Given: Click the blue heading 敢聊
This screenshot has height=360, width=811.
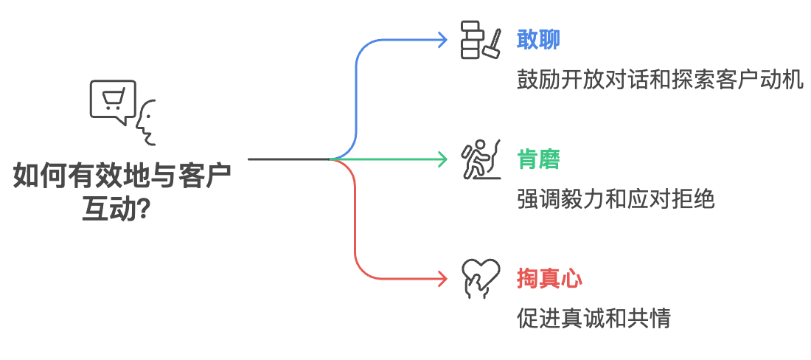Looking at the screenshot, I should tap(539, 39).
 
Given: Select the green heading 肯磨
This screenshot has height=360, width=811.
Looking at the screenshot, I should tap(539, 159).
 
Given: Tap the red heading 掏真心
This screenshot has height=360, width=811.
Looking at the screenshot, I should tap(550, 280).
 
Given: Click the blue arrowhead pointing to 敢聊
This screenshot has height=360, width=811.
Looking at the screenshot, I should tap(443, 39).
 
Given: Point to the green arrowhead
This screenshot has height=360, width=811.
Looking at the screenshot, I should tap(443, 159).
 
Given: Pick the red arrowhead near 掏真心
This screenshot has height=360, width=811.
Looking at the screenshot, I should tap(443, 279).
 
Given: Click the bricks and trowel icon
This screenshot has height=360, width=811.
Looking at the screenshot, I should tap(480, 39).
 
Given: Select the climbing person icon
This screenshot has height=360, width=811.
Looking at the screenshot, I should tap(480, 159).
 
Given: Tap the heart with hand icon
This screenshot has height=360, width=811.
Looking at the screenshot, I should tap(480, 279).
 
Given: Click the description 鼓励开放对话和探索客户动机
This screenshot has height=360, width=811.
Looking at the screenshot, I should tap(660, 80).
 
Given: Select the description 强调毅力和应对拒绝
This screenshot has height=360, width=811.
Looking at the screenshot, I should tap(616, 199).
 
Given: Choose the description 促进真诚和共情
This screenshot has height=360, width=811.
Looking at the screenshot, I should tap(594, 319).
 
